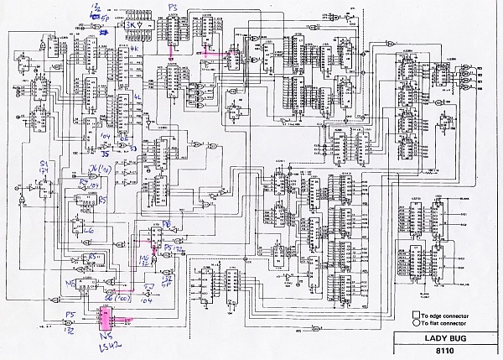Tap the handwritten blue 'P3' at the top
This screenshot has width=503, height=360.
click(x=173, y=6)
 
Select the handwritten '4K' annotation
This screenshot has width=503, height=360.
click(x=135, y=50)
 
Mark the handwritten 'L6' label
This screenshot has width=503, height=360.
click(x=91, y=228)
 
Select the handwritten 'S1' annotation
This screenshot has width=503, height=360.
click(x=44, y=162)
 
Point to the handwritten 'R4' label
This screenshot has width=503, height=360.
click(x=83, y=181)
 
